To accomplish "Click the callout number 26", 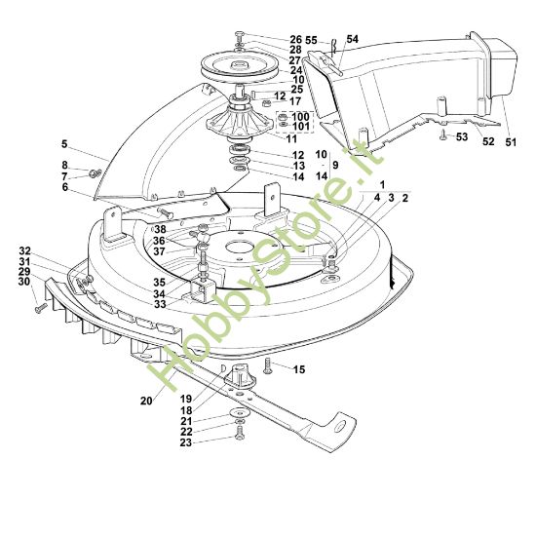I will click(296, 39).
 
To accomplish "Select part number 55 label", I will click(311, 40).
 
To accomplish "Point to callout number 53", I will click(462, 137).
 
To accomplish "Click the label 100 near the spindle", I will click(300, 116).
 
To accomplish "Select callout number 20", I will click(145, 401).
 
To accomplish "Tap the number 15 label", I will click(299, 369).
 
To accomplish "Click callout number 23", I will click(213, 442).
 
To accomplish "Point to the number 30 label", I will click(23, 283).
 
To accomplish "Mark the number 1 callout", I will click(382, 184).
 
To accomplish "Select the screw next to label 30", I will click(41, 306).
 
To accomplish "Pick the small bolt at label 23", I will click(239, 438).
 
